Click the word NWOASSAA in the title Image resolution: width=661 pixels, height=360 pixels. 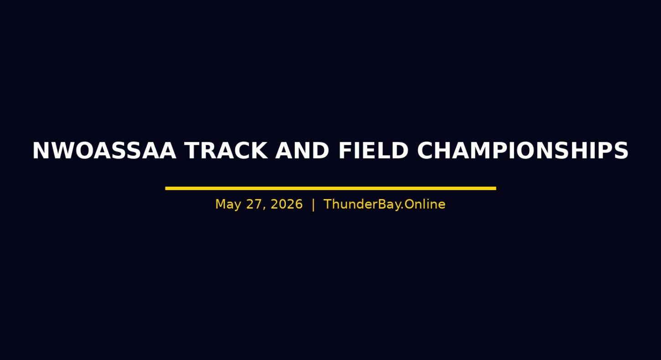(x=104, y=150)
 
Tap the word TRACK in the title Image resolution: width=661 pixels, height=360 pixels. (x=226, y=150)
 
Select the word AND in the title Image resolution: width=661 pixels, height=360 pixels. (x=302, y=150)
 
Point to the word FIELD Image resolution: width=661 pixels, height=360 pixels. (x=373, y=150)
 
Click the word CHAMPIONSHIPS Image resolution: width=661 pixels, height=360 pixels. (x=522, y=150)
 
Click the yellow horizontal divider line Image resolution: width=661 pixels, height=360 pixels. (x=330, y=188)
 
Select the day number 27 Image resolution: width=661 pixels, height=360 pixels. (x=254, y=204)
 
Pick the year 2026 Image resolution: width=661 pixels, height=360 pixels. (x=287, y=204)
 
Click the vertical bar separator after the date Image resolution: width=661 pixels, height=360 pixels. (x=313, y=205)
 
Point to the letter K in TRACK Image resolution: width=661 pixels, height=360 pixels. (x=258, y=150)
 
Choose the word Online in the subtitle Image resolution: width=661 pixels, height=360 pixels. (x=424, y=204)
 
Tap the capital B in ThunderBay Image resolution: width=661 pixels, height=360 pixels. (x=382, y=204)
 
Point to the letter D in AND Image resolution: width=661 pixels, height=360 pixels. (x=321, y=150)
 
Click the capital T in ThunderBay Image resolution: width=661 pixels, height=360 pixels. (x=329, y=204)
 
